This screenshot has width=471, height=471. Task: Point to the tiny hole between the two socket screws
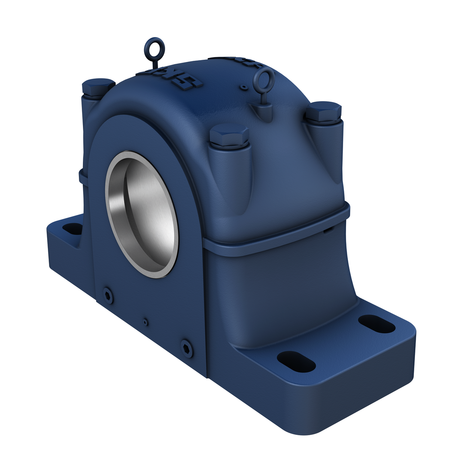pyautogui.click(x=146, y=322)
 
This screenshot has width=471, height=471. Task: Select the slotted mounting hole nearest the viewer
pyautogui.click(x=296, y=360)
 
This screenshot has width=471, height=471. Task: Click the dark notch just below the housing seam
pyautogui.click(x=327, y=231)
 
